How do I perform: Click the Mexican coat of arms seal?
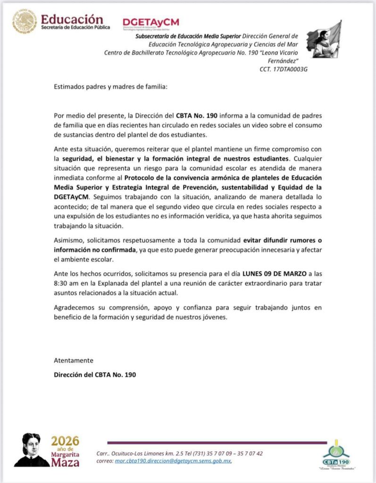(25, 22)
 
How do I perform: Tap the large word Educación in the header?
(72, 19)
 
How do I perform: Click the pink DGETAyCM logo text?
(150, 22)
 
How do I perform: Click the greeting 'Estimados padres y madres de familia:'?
(110, 87)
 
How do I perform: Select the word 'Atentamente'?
(74, 360)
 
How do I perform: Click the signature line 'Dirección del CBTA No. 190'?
(95, 375)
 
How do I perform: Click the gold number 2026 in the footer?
(65, 441)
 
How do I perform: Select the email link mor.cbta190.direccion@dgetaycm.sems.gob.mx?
(173, 461)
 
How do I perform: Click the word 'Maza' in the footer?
(66, 463)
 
